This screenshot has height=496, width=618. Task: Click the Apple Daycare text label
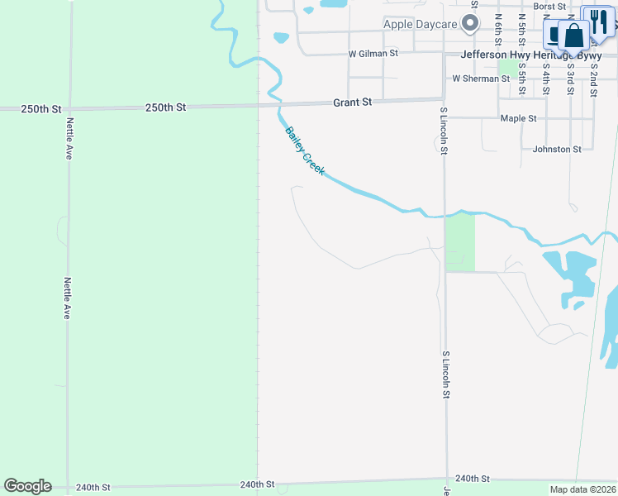tap(421, 24)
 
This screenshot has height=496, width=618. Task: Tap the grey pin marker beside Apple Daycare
tap(471, 25)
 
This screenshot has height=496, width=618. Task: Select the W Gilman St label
tap(373, 53)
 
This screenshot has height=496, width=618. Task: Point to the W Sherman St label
tap(480, 79)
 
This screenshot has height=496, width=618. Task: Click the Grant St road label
tap(353, 103)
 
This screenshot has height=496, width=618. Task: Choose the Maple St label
tap(519, 118)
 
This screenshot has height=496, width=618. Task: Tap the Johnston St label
tap(557, 149)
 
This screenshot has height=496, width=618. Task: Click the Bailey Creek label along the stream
tap(305, 151)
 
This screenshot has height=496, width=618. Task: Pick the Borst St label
tap(549, 7)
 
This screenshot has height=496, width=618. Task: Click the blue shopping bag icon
tap(574, 36)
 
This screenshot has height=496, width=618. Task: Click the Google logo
tap(27, 486)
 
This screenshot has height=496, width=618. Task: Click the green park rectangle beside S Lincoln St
tap(460, 241)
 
